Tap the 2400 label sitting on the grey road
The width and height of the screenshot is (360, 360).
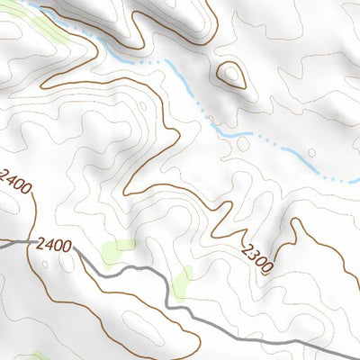[55, 243]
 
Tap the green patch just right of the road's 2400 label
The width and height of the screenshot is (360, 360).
[117, 251]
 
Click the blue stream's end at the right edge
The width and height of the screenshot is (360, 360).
[358, 180]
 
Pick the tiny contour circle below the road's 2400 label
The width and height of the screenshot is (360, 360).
[43, 265]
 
